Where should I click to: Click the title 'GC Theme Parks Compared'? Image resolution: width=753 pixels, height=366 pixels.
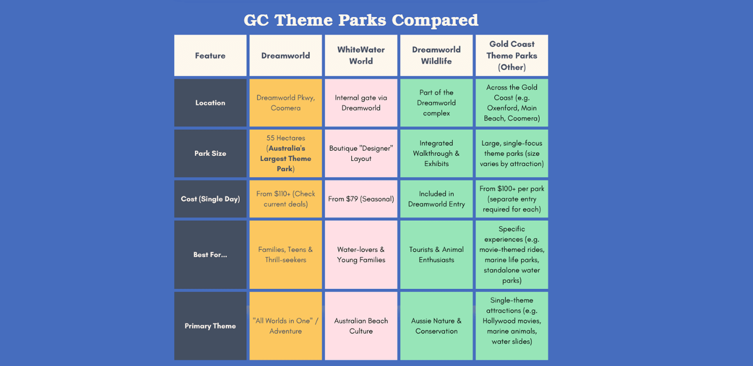(x=361, y=20)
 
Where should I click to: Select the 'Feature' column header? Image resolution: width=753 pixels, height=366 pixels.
(x=210, y=55)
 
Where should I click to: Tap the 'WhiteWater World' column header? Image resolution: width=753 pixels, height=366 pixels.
(x=361, y=55)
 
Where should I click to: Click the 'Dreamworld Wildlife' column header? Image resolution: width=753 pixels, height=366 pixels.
(x=436, y=55)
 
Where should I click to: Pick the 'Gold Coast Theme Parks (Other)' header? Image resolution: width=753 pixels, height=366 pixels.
(x=512, y=55)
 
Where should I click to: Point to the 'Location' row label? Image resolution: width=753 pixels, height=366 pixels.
(x=210, y=103)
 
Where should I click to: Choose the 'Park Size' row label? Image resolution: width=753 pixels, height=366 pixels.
(x=210, y=153)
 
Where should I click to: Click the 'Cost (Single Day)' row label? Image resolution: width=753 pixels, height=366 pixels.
(x=210, y=199)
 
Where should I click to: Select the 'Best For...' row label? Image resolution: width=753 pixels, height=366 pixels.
(x=210, y=255)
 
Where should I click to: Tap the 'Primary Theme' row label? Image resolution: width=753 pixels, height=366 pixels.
(x=210, y=326)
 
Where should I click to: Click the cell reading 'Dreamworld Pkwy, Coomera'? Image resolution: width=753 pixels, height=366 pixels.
(x=286, y=103)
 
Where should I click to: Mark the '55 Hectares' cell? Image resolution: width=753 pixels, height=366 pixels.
(x=286, y=153)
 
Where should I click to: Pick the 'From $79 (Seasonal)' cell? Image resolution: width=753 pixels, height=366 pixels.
(x=361, y=199)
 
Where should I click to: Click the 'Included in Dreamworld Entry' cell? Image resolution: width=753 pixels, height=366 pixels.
(x=436, y=199)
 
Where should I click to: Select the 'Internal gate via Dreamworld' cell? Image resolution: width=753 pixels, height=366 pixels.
(x=361, y=103)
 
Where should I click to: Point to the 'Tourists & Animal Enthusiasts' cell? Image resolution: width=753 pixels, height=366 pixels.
(x=436, y=255)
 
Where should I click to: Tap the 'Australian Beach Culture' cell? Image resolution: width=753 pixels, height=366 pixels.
(x=361, y=326)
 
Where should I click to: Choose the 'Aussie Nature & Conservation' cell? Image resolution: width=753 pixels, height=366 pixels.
(x=436, y=326)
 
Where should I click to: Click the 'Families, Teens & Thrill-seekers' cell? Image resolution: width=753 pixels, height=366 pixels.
(x=286, y=255)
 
